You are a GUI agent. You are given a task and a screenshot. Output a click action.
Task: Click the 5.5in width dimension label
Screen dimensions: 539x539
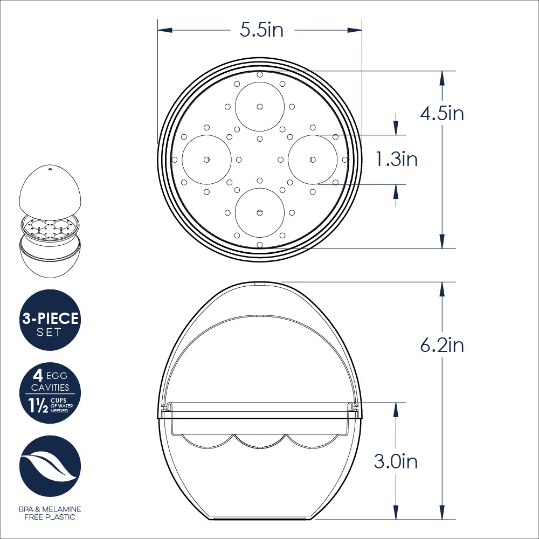261,30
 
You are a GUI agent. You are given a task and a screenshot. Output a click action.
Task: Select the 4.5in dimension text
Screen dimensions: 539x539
442,114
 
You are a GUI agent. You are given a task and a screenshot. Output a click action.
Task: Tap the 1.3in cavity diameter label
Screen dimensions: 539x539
396,160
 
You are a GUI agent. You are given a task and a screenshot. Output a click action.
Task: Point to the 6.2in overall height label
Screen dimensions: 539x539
442,345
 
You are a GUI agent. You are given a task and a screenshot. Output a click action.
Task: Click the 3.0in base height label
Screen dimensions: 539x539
396,461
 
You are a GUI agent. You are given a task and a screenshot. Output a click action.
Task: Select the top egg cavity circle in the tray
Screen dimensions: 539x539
259,106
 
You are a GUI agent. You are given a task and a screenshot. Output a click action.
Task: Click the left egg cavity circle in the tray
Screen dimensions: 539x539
206,160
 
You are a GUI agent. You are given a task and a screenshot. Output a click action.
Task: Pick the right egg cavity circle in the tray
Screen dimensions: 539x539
313,160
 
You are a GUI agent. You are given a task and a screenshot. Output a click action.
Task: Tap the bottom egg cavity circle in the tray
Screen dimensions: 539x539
259,212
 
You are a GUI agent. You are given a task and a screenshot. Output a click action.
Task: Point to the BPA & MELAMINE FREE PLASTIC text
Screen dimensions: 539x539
50,513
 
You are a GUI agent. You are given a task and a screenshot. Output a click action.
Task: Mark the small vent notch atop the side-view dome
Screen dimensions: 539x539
259,282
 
